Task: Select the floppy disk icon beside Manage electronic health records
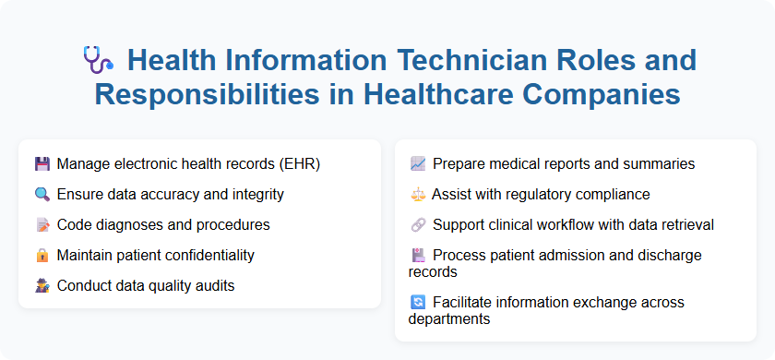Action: click(x=42, y=164)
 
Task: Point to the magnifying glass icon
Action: click(x=42, y=195)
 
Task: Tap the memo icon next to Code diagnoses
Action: click(x=42, y=225)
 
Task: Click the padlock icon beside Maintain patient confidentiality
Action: click(x=42, y=256)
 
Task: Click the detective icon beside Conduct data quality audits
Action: click(x=42, y=286)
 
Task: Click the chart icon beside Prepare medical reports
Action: click(x=418, y=164)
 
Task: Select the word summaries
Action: click(x=658, y=164)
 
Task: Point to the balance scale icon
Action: click(x=418, y=195)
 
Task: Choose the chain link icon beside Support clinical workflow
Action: click(x=418, y=225)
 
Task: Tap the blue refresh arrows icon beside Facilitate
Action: click(x=418, y=302)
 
